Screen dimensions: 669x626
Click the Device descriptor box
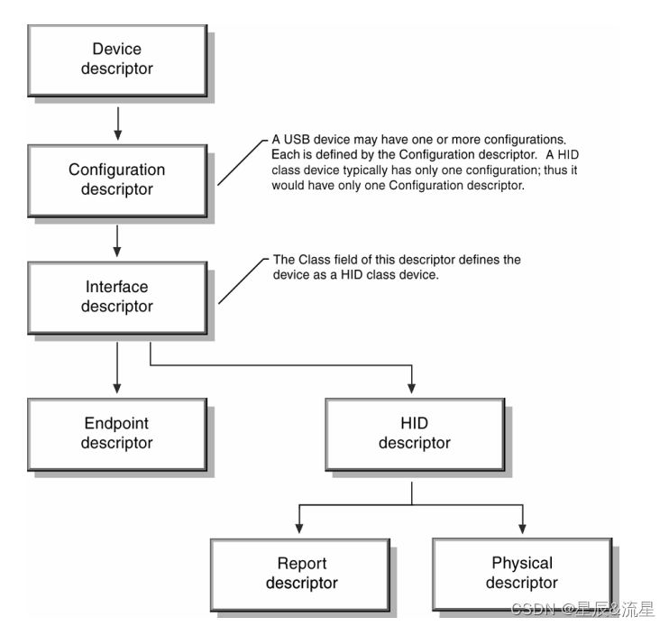tap(117, 60)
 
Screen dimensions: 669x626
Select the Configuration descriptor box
tap(117, 181)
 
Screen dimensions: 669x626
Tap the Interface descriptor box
tap(117, 298)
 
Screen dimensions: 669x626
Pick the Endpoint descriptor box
tap(117, 435)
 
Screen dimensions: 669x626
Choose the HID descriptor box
tap(415, 435)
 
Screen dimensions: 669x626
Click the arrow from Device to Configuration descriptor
tap(118, 124)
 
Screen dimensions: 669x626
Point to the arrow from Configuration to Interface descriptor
tap(117, 241)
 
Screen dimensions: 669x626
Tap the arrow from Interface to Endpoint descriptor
tap(117, 368)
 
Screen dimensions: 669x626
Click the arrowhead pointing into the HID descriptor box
tap(412, 388)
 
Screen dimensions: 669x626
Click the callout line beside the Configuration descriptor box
tap(243, 162)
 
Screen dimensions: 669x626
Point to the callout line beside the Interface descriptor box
tap(243, 281)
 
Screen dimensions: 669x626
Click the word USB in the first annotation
tap(297, 140)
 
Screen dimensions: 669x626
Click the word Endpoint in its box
tap(116, 423)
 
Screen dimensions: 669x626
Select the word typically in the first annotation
tap(366, 170)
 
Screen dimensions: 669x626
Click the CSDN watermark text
tap(582, 610)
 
